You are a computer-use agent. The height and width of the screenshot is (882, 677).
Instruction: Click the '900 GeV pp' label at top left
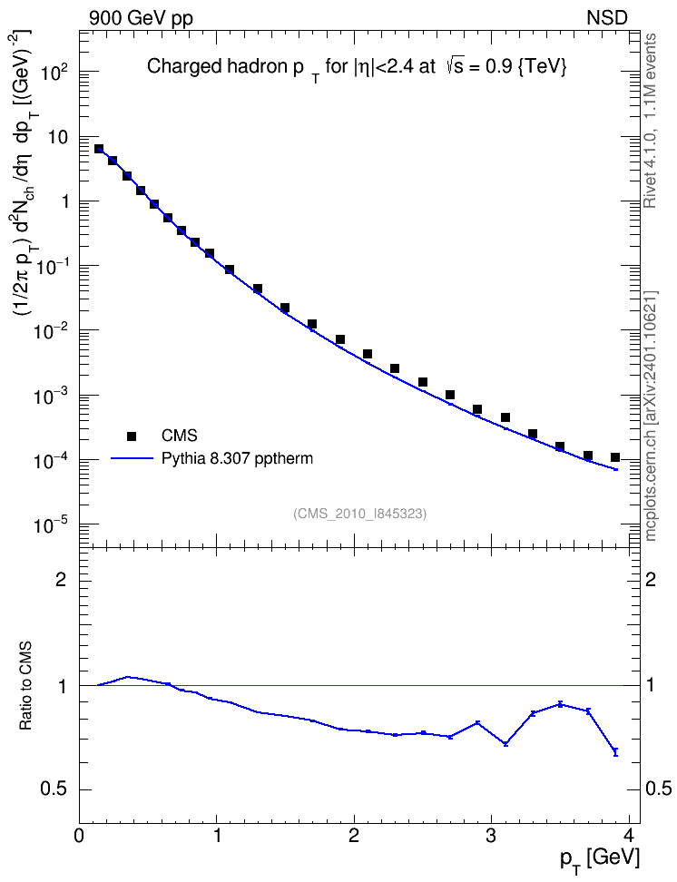[x=141, y=18]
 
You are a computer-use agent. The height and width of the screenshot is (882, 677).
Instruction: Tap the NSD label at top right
[x=606, y=18]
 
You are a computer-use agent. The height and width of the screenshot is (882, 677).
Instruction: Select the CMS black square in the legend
[x=132, y=436]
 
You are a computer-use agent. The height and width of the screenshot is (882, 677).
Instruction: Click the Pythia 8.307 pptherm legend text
[x=237, y=459]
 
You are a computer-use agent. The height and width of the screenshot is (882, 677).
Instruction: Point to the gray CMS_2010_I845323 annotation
[x=360, y=514]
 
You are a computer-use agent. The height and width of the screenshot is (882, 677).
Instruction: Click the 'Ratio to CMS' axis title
[x=26, y=685]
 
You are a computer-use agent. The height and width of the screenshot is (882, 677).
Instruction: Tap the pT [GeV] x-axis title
[x=600, y=859]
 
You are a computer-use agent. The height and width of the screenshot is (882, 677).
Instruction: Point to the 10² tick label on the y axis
[x=55, y=70]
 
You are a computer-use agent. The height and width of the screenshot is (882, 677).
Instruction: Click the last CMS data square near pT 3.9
[x=615, y=457]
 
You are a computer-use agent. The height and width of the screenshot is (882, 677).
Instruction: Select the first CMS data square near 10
[x=99, y=149]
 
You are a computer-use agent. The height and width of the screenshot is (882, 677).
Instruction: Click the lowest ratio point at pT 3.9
[x=615, y=752]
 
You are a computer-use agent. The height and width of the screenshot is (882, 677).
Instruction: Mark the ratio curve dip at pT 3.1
[x=505, y=744]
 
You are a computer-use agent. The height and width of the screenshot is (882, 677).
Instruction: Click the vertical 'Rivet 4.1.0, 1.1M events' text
[x=650, y=121]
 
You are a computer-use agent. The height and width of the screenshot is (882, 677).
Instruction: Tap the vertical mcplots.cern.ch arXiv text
[x=650, y=416]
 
